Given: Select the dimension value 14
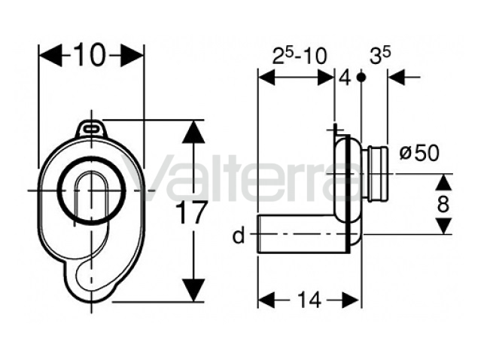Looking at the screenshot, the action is (x=309, y=301).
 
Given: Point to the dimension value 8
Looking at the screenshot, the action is (x=443, y=205).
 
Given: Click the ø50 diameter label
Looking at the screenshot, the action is (x=419, y=153).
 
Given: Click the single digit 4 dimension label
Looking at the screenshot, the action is (x=345, y=78).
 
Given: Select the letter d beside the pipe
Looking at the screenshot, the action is (x=239, y=236).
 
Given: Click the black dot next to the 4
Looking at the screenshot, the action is (x=361, y=77).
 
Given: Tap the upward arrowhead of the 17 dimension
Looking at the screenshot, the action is (x=193, y=131).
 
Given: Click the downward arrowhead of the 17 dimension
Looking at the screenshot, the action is (x=193, y=290).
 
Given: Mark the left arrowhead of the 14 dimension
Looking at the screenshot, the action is (x=266, y=300).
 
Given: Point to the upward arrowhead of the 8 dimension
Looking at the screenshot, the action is (x=444, y=182).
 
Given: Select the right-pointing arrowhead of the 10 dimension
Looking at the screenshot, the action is (x=132, y=55).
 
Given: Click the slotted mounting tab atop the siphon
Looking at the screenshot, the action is (x=92, y=130).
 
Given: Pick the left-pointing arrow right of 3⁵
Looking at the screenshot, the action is (x=404, y=77).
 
